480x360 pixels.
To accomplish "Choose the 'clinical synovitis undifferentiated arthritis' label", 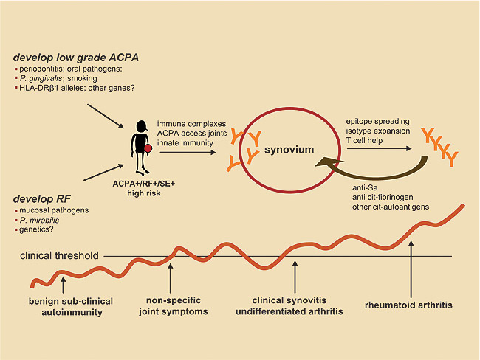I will tap(294, 308).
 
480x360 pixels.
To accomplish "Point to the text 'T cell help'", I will tap(366, 140).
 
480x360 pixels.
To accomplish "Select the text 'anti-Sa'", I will tap(360, 187).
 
